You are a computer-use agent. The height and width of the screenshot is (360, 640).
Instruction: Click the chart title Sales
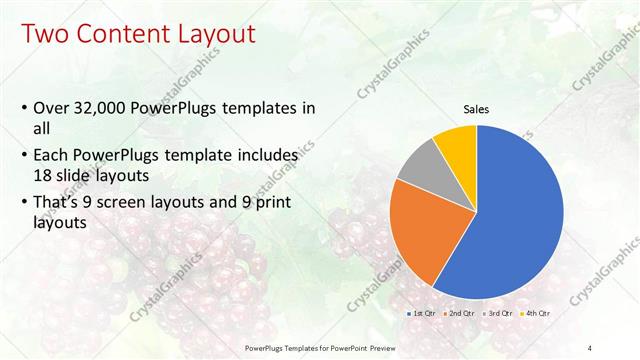coord(476,110)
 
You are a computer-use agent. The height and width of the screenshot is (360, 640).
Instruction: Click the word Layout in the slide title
coord(211,34)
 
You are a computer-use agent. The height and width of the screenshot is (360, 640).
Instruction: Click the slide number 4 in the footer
coord(589,347)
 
